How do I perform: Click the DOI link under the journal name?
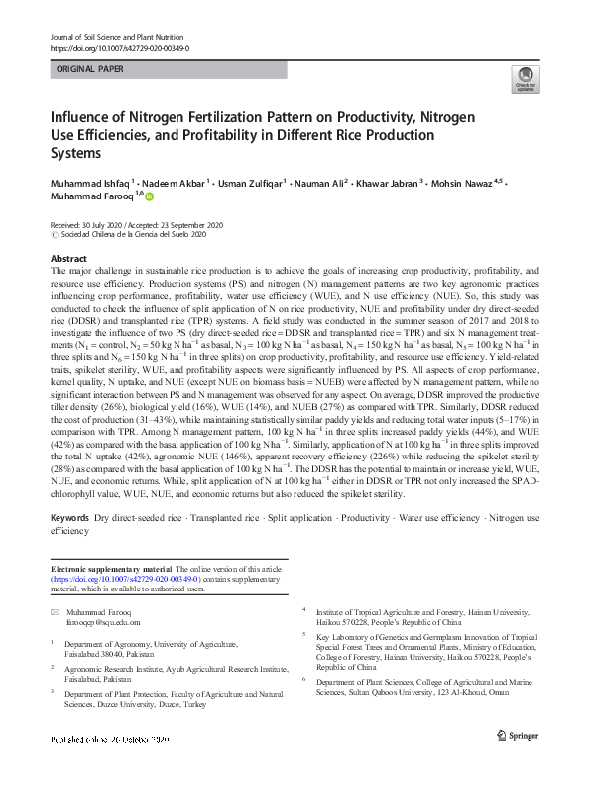point(119,48)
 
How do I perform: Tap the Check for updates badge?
point(524,80)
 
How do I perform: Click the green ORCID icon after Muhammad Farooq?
point(151,197)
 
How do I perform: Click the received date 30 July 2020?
point(108,225)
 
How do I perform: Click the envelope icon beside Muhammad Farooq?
point(55,613)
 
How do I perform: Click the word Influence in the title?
point(84,118)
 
